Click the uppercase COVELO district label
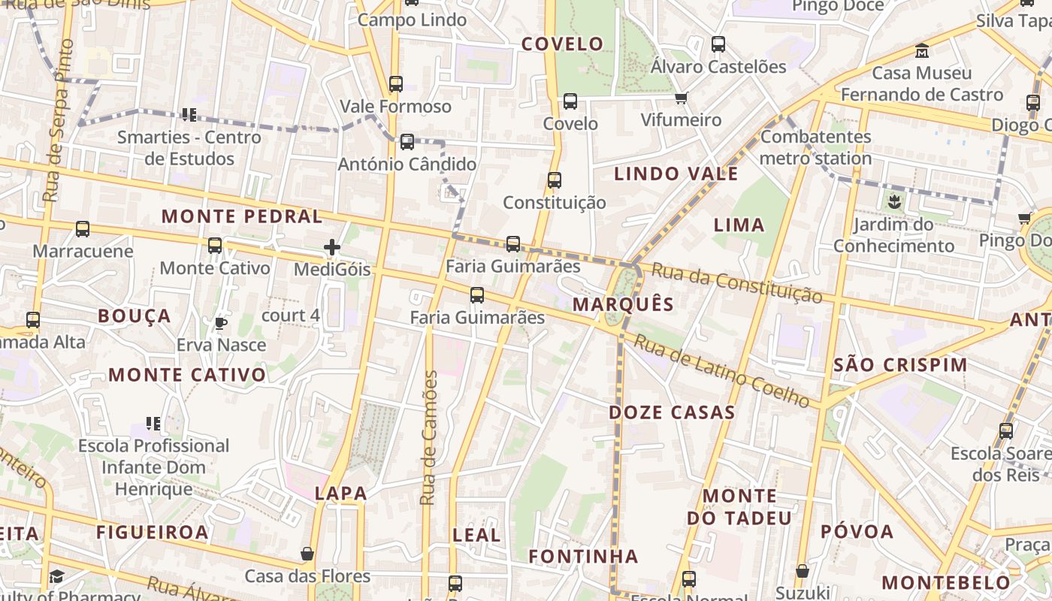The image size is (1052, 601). [563, 44]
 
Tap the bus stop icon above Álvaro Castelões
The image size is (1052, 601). [718, 44]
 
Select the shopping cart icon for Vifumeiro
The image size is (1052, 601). [681, 98]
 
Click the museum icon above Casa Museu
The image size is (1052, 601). [922, 51]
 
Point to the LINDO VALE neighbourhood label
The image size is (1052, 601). [676, 174]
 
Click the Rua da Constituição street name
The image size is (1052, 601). [736, 282]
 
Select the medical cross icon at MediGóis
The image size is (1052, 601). [332, 246]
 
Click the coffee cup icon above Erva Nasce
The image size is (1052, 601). [220, 324]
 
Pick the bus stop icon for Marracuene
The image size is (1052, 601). [83, 228]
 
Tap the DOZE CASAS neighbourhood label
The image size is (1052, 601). [672, 412]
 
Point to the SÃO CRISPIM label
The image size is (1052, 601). [900, 366]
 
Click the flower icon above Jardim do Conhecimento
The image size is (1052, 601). [894, 201]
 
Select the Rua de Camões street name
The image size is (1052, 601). [429, 438]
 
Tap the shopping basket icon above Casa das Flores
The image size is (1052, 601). [307, 554]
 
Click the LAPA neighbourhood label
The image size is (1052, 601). [341, 494]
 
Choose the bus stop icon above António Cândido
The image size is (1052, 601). [407, 141]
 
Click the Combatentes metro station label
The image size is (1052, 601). [815, 147]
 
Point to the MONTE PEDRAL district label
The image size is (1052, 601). [242, 217]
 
